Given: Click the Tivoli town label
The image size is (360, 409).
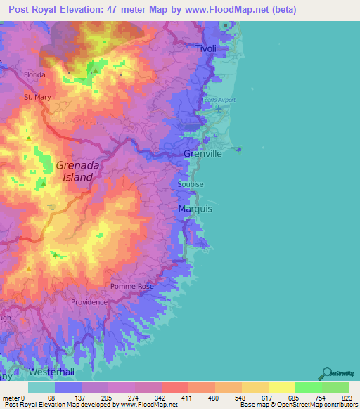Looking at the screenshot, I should [206, 48].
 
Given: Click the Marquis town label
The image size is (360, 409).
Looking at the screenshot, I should [195, 209].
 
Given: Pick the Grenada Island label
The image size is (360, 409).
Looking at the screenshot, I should [78, 171].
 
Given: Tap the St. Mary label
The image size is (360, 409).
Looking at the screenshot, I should [37, 97].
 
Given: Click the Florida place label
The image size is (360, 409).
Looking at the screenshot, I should [34, 74].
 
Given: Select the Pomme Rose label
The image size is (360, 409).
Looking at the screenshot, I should [131, 287].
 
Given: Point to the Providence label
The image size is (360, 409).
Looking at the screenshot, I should [89, 302].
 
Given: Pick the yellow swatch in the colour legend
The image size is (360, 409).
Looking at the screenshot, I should [281, 387].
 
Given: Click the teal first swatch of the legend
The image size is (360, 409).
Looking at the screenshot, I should [41, 387].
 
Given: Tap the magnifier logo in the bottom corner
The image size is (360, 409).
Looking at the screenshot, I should [327, 372].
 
